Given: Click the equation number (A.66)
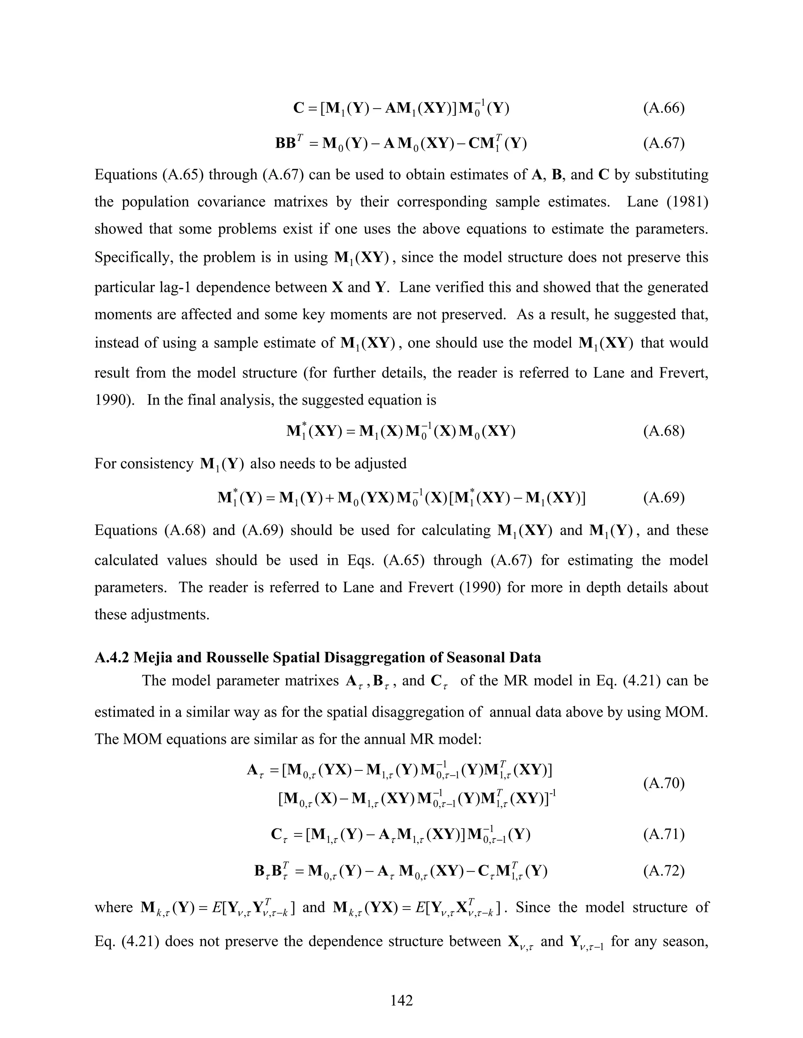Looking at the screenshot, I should tap(664, 109).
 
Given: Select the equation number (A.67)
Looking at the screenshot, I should tap(664, 143).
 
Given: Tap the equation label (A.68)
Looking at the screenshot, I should tap(664, 431).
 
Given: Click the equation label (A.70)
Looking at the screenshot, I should tap(664, 783).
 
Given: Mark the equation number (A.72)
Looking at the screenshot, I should tap(664, 871).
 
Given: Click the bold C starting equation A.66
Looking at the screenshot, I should tap(299, 109).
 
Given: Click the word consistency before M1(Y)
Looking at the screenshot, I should tap(157, 463).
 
